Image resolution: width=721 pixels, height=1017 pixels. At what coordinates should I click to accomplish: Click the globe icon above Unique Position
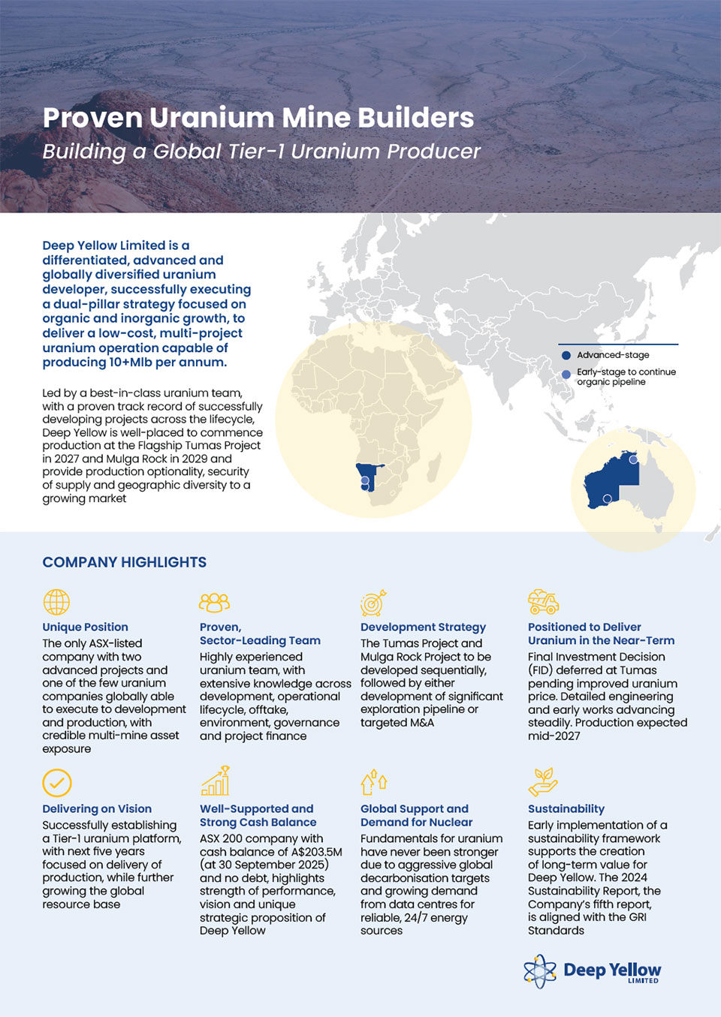point(56,602)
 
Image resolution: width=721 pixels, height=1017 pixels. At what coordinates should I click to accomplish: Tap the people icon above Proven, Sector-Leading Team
point(214,602)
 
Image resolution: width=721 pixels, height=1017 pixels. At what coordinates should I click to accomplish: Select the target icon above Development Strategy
point(373,602)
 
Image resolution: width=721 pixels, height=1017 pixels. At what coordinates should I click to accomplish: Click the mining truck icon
point(543,601)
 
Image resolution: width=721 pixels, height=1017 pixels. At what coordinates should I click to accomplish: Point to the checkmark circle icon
point(57,783)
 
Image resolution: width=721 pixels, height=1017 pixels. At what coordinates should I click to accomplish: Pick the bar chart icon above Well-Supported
point(215,781)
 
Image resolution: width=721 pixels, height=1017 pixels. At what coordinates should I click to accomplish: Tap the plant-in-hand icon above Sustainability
point(543,781)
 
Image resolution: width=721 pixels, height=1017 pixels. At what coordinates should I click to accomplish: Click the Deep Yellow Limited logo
point(593,970)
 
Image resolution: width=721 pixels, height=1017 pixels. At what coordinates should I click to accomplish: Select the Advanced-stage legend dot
point(566,356)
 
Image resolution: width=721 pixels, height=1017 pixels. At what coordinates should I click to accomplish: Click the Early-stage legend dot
point(566,374)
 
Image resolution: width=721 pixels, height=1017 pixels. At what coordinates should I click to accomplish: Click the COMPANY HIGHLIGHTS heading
point(124,562)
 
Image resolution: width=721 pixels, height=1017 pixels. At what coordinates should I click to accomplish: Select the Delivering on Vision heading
point(97,808)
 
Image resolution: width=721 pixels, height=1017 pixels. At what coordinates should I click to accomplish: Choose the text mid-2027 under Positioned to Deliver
point(554,736)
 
